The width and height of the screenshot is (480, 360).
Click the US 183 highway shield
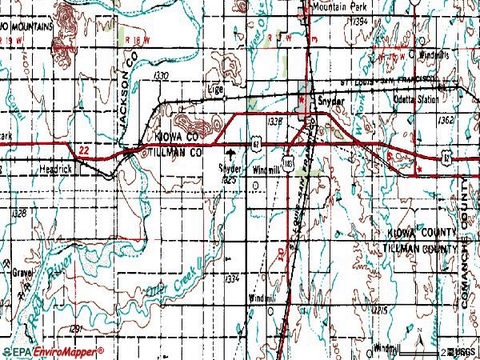tap(286, 163)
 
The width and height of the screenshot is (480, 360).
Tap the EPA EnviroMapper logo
tap(52, 351)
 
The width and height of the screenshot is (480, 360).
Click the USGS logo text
tap(462, 351)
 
